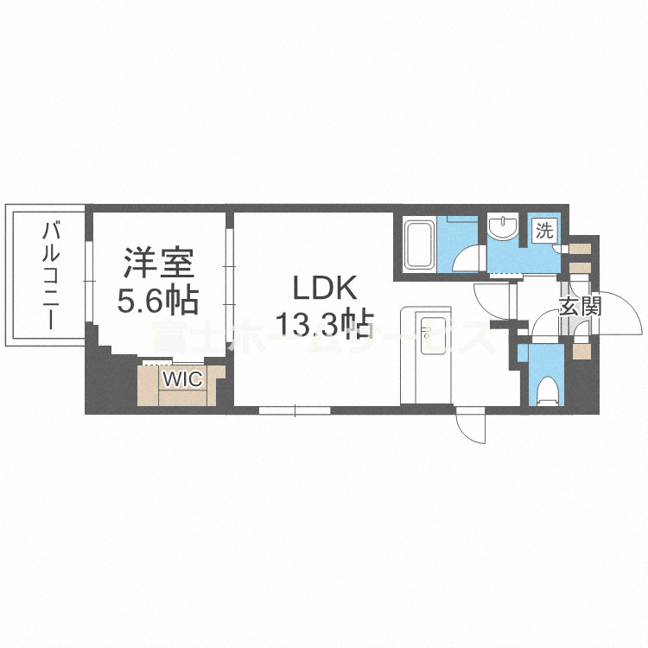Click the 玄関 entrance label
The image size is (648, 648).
[580, 306]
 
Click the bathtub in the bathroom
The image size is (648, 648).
[420, 244]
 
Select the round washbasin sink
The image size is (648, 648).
[501, 228]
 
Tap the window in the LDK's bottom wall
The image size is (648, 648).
[295, 410]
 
